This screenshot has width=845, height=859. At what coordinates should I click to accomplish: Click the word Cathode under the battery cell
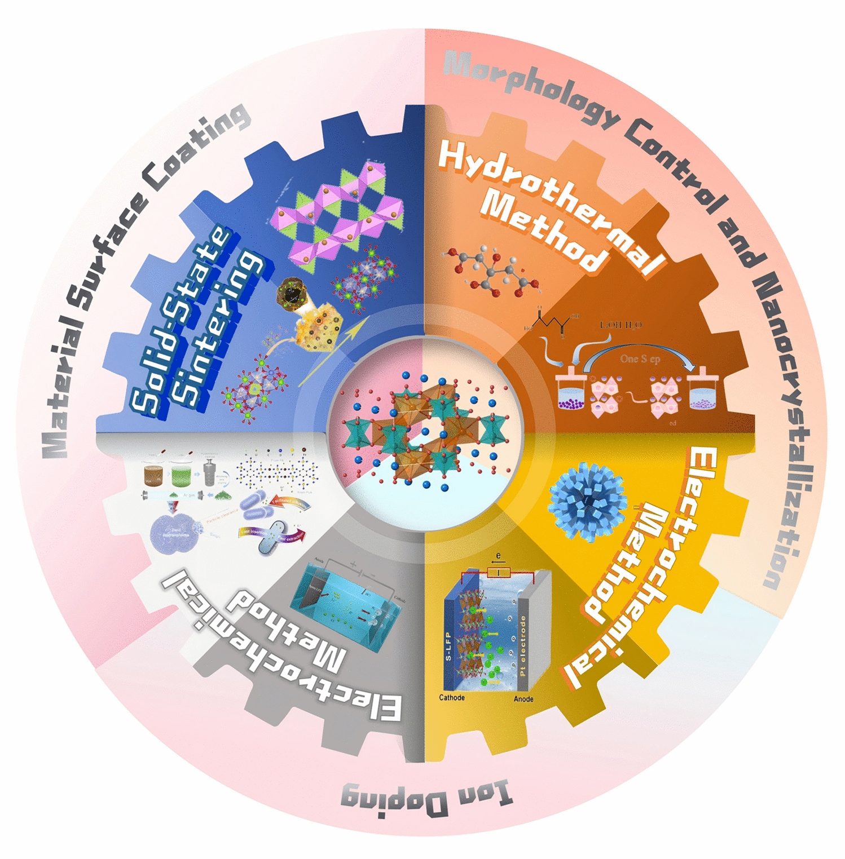point(452,698)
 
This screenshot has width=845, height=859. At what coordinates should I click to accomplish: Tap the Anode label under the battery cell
point(523,699)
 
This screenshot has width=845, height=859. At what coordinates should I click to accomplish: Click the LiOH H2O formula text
point(620,325)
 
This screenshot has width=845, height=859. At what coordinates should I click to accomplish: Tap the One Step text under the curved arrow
point(640,359)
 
